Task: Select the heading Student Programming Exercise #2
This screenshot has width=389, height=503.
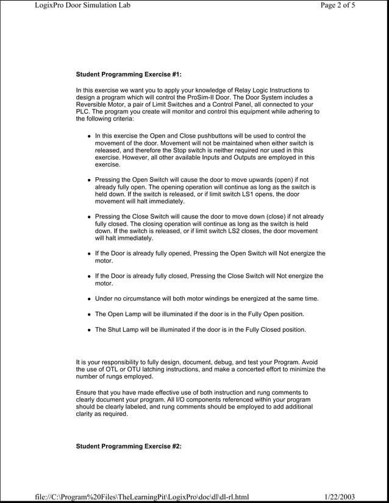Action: pyautogui.click(x=128, y=446)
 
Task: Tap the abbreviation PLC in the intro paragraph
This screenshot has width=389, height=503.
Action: pyautogui.click(x=82, y=112)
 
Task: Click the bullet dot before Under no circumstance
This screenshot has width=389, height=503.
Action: pyautogui.click(x=88, y=300)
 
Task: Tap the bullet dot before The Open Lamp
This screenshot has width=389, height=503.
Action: pyautogui.click(x=88, y=314)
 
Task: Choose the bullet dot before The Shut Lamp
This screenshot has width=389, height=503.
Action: pyautogui.click(x=88, y=329)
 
